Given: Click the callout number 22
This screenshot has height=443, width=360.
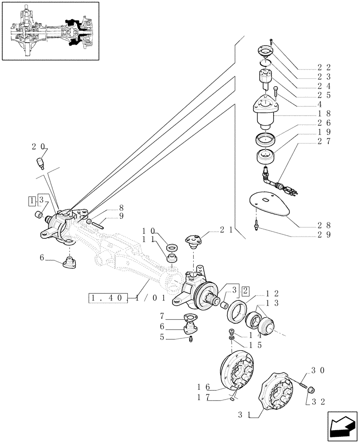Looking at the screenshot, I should tap(324, 67).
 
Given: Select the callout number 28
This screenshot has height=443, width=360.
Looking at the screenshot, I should tap(324, 225).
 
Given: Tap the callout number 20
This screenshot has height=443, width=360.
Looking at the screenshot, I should tap(39, 147).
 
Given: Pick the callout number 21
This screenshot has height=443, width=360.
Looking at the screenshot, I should tap(226, 230).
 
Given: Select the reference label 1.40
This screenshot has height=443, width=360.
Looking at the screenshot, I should tap(108, 298).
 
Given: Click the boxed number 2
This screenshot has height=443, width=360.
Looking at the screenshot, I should tap(245, 291).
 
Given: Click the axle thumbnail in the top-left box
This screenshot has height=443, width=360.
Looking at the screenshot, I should tap(50, 31).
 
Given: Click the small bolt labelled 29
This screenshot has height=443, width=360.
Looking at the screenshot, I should tap(257, 226).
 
